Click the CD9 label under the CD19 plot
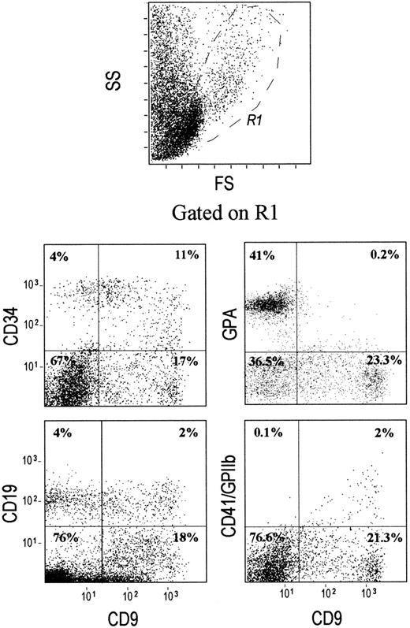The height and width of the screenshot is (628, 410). (106, 610)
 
